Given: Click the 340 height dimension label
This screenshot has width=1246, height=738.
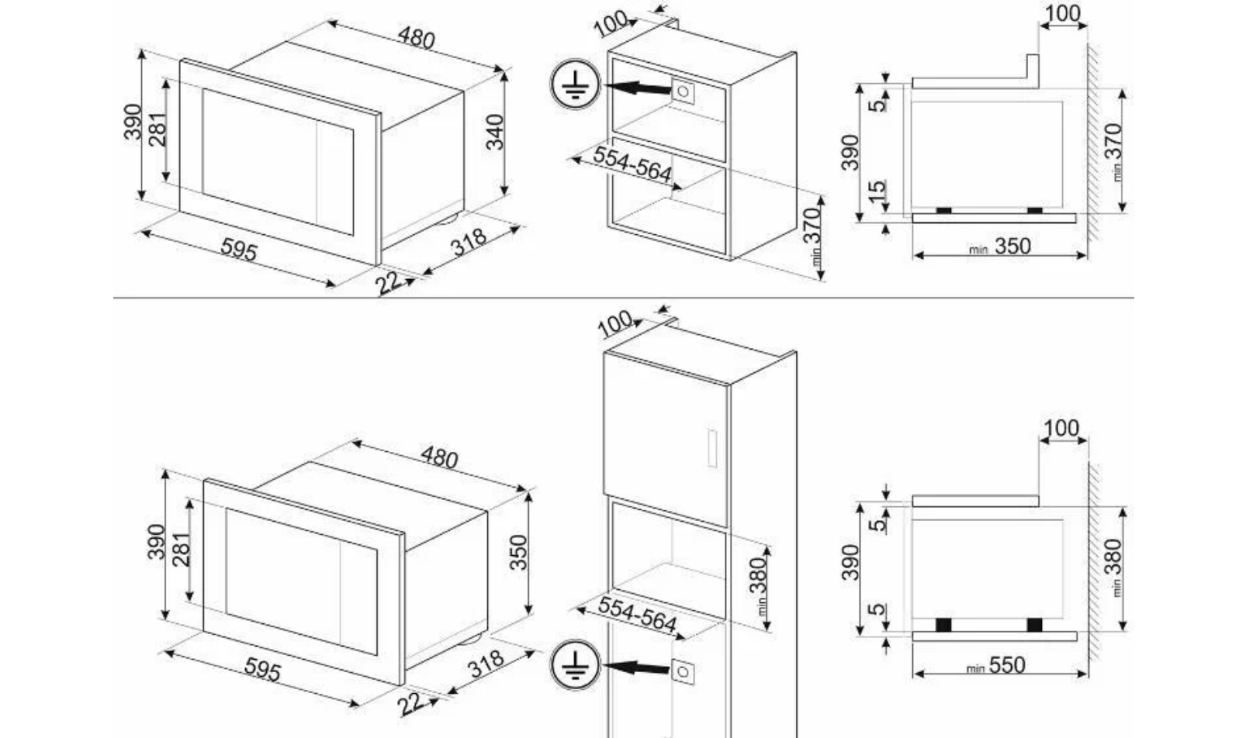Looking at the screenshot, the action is (x=494, y=133).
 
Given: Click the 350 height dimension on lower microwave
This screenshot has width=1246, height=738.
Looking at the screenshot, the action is (x=518, y=553).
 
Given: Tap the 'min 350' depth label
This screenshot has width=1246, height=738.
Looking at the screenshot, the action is (x=1000, y=247).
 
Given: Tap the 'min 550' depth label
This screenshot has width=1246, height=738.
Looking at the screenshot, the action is (x=995, y=665).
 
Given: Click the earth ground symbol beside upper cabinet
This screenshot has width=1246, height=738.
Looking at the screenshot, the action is (x=575, y=84).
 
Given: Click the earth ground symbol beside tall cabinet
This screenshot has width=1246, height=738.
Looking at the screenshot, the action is (x=575, y=665).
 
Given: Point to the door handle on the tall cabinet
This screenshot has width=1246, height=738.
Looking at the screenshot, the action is (x=712, y=448).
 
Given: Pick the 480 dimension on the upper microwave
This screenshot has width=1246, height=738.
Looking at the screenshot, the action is (x=416, y=38).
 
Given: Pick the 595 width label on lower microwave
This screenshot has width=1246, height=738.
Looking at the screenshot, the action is (x=262, y=670).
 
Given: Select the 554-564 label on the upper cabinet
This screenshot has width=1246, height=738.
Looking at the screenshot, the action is (x=632, y=164).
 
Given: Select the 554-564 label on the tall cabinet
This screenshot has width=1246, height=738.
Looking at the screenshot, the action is (x=637, y=614).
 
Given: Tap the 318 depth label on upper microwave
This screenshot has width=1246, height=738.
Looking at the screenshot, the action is (x=469, y=243).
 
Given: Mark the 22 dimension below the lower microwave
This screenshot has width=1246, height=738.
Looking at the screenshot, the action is (x=410, y=705).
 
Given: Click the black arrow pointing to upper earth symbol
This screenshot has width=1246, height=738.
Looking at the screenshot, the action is (x=637, y=88).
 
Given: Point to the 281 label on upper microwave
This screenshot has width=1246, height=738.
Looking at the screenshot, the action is (x=158, y=129).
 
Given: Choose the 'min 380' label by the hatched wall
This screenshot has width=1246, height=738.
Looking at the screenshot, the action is (x=1114, y=567).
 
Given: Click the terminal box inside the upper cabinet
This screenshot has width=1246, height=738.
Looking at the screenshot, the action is (x=683, y=91).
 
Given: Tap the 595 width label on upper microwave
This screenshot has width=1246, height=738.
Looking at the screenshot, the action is (x=239, y=249).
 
